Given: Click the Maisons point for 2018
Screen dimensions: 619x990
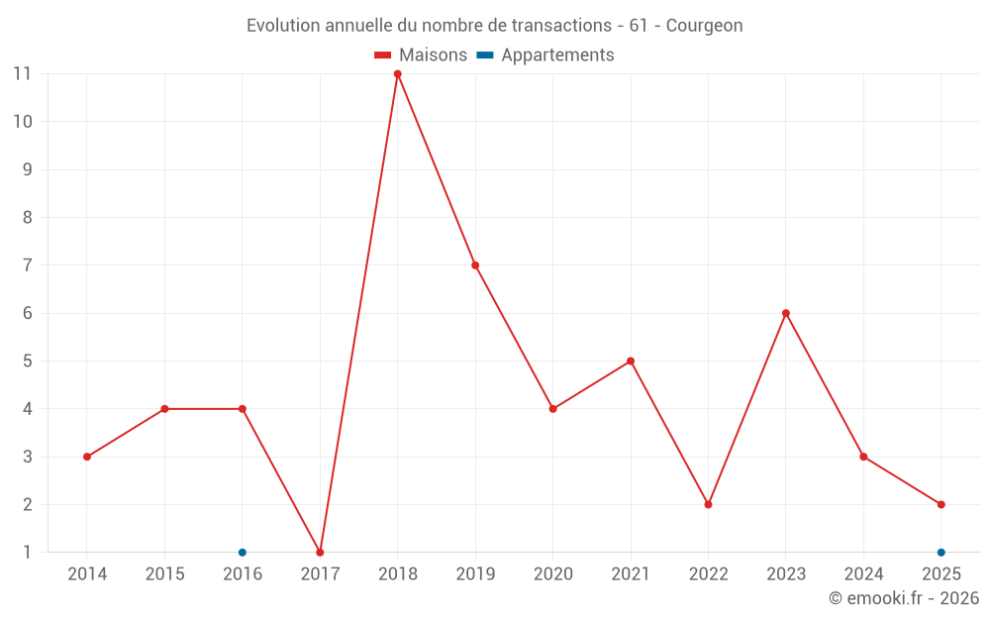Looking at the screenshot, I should click(x=397, y=74).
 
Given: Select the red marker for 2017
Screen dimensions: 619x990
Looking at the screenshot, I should click(x=320, y=552).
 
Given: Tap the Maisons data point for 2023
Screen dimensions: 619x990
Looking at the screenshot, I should click(x=786, y=313).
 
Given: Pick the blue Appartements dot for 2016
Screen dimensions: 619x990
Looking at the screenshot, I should click(x=243, y=552).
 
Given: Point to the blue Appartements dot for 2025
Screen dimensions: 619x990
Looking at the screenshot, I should click(x=940, y=552).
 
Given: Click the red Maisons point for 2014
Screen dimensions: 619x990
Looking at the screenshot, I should click(x=87, y=457).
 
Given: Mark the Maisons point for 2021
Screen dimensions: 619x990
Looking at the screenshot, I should click(x=631, y=361).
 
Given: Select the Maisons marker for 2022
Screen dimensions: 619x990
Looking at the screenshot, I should click(x=708, y=504).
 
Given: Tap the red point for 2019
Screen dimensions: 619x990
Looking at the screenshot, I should click(x=475, y=265).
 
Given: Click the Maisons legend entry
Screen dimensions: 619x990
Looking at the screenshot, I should click(x=421, y=55).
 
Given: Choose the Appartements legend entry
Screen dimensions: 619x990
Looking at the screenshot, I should click(x=545, y=55).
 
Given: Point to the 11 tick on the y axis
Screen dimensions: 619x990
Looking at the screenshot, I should click(x=22, y=74).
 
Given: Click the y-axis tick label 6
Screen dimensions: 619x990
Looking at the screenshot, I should click(x=26, y=313).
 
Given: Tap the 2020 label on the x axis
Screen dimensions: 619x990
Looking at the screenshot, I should click(x=552, y=573).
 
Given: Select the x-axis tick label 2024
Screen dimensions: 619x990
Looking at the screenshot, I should click(x=863, y=573).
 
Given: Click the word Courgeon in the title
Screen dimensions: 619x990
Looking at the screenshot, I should click(x=704, y=26).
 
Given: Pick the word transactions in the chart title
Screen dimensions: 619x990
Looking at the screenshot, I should click(x=557, y=26).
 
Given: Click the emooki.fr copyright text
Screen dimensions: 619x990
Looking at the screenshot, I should click(x=904, y=598).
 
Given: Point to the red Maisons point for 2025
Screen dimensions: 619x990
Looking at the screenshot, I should click(x=940, y=504).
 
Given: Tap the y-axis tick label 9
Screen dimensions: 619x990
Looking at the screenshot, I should click(x=26, y=169).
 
